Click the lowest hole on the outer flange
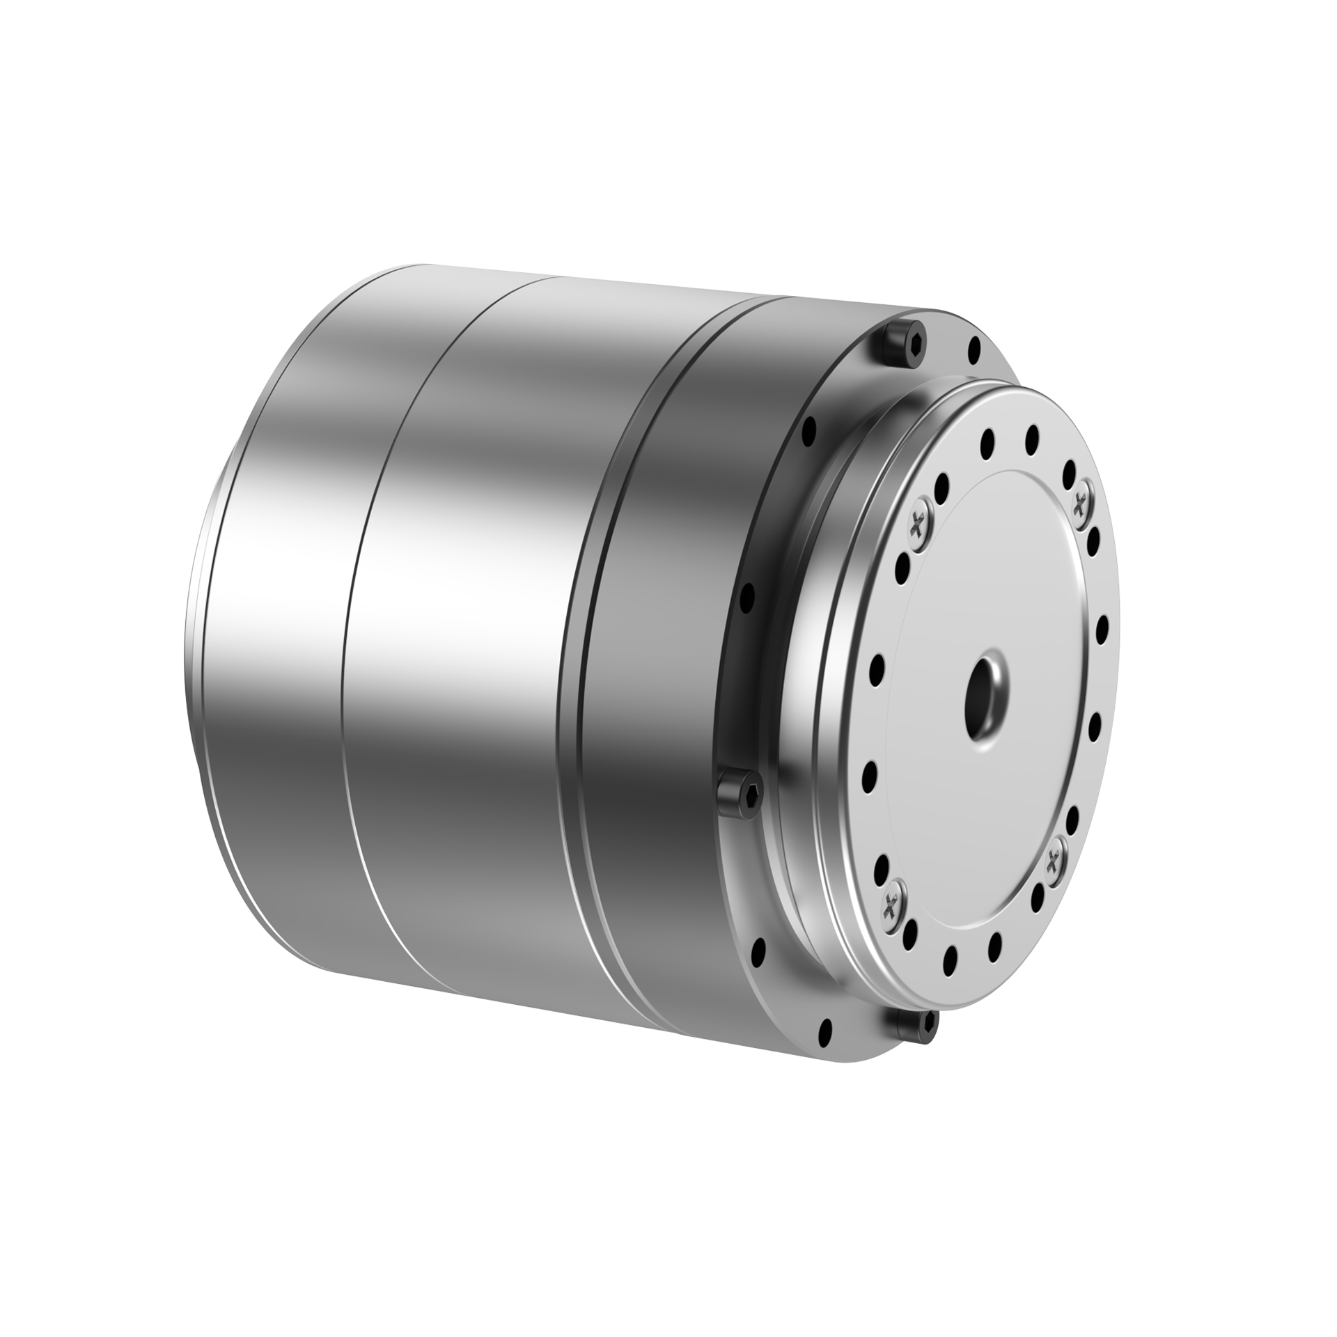click(827, 1033)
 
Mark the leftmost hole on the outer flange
click(747, 597)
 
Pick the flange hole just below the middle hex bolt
click(759, 948)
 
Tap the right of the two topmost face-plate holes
click(1032, 437)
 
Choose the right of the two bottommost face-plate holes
click(994, 945)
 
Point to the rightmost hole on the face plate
click(1102, 629)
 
